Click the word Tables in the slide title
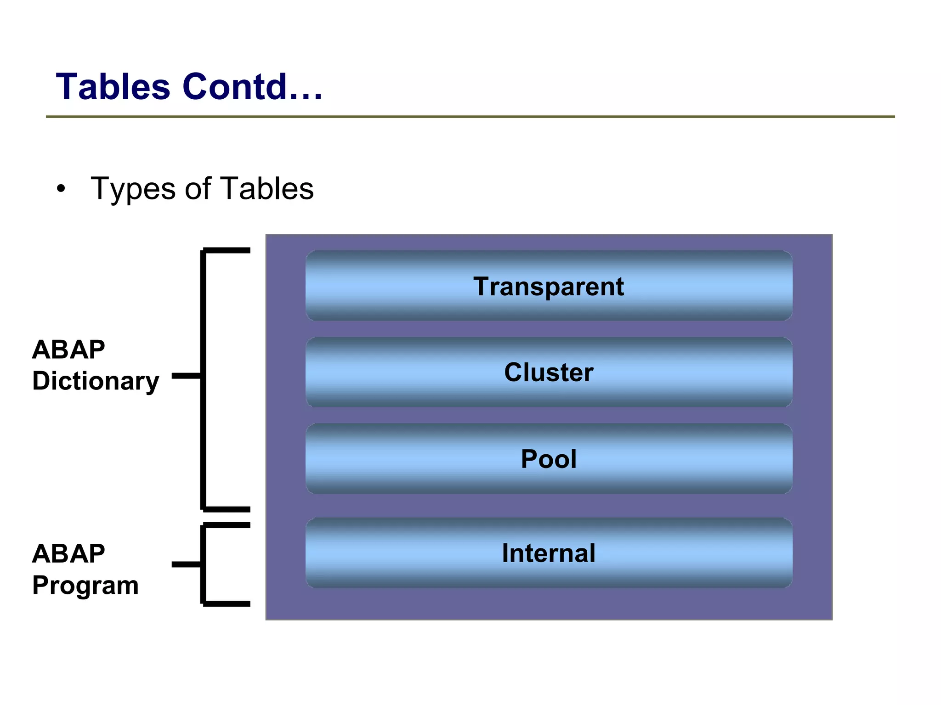[113, 87]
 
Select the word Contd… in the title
[253, 87]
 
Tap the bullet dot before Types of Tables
[61, 189]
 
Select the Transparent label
[549, 287]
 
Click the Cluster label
[549, 372]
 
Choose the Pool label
[549, 459]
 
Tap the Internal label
[549, 553]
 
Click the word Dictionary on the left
[96, 381]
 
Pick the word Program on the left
[85, 586]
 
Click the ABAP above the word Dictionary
[68, 350]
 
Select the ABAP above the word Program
[68, 553]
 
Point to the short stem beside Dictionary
[186, 376]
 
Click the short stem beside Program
[186, 564]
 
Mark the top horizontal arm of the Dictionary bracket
[227, 250]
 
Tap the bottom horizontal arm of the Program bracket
[227, 603]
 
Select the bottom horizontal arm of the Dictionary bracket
[227, 509]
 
